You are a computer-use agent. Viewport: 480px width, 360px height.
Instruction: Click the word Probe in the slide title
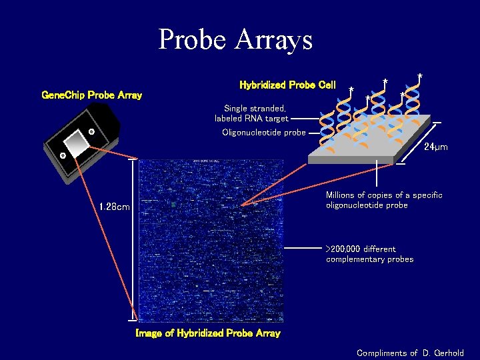coord(193,40)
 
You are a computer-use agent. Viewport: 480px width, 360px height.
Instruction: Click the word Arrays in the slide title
coord(274,40)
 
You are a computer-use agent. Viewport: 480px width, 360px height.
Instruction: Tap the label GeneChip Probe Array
coord(91,95)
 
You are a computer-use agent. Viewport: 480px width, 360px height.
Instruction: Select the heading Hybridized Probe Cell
coord(287,85)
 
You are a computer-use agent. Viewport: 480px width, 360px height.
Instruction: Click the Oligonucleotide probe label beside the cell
coord(263,132)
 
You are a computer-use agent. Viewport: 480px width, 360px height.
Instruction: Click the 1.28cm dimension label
coord(114,207)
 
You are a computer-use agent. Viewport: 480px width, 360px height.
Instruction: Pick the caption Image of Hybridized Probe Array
coord(207,333)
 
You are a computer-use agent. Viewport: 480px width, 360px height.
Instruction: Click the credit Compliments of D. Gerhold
coord(410,353)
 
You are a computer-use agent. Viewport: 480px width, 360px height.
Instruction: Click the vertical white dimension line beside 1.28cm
coord(133,240)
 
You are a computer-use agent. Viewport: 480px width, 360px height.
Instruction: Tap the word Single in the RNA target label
coord(235,108)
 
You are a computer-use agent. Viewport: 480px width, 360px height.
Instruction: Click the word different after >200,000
coord(379,249)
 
